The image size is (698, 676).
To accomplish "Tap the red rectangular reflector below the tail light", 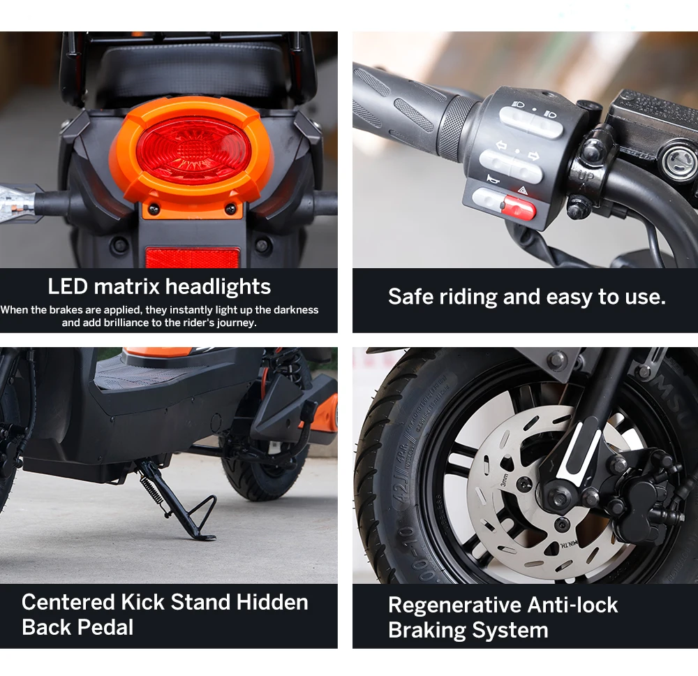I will pyautogui.click(x=192, y=258).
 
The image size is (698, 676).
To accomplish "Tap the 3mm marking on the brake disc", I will pyautogui.click(x=504, y=480).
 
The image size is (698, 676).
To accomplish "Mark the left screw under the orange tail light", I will pyautogui.click(x=154, y=208).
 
